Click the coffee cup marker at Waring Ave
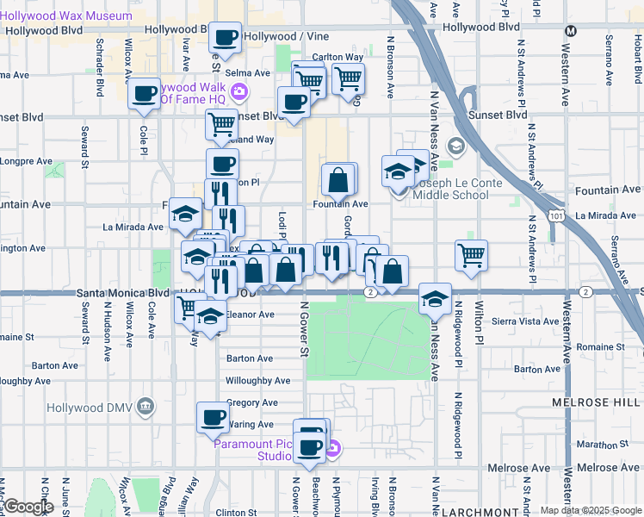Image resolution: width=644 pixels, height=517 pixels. coord(213,418)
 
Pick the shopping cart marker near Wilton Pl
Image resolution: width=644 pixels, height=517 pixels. coord(471,254)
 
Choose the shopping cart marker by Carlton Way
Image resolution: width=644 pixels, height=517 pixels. coord(348,79)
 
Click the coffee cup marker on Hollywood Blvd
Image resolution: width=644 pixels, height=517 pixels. coord(226,37)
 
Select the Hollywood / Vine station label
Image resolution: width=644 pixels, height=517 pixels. coord(278,36)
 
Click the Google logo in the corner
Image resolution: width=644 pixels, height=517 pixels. coord(28,507)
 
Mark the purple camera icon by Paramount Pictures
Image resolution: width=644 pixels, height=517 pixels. coord(336,448)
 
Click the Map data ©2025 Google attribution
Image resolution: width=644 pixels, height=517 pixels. coord(590,510)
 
